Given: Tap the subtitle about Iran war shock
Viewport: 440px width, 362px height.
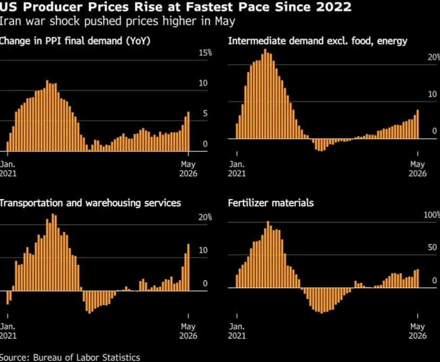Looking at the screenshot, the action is [117, 21].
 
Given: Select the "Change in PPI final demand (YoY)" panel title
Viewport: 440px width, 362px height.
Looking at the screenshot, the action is [75, 41].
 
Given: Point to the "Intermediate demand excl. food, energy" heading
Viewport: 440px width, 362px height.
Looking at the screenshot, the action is [317, 41].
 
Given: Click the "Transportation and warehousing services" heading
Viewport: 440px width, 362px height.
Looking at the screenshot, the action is [90, 203].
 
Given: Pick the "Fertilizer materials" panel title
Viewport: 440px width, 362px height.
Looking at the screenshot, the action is [271, 203].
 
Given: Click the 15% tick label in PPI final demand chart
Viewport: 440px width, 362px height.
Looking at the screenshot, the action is [205, 53].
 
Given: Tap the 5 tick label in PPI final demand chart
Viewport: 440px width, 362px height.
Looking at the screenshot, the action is [205, 114].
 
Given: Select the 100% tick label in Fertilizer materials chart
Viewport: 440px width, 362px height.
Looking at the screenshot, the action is [432, 215].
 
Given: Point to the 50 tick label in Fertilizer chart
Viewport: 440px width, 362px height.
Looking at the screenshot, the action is [433, 247].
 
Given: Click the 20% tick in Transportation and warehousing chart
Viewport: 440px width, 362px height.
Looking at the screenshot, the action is [205, 217].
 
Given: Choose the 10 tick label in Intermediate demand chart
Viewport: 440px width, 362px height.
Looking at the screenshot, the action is [433, 94].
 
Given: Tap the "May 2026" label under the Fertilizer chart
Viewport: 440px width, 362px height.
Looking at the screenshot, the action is [418, 331].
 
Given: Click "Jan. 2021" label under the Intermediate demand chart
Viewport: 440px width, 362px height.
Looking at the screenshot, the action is [237, 169].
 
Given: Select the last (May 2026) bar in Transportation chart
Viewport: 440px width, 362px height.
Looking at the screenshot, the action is [188, 267].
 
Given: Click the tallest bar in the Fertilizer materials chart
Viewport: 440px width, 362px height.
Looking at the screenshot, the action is [268, 254].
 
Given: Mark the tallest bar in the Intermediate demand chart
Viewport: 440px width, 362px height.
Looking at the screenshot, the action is [265, 94].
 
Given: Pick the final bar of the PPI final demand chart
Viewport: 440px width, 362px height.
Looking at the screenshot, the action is [188, 131].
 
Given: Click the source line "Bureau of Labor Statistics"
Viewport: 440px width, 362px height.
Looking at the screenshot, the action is [87, 357].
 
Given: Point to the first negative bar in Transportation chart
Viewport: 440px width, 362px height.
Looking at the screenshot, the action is [7, 297].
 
